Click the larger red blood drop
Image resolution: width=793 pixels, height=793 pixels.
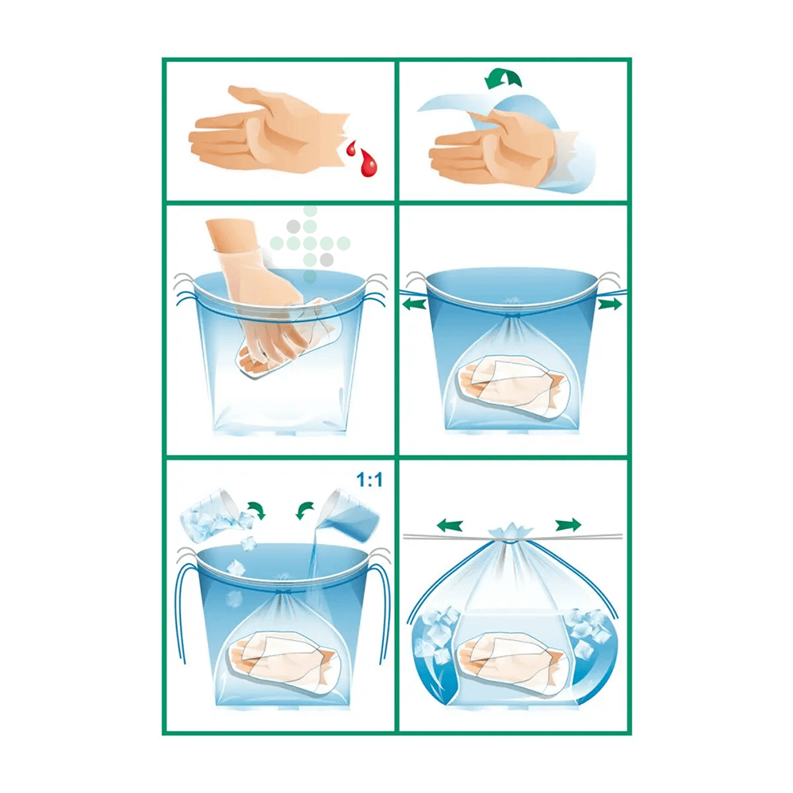click(368, 162)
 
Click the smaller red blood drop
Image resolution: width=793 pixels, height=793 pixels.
click(351, 148)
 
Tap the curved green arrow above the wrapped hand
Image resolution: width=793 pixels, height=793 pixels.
click(503, 79)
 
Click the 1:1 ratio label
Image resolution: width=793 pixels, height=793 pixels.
click(370, 480)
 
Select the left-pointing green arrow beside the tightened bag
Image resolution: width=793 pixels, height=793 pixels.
click(415, 304)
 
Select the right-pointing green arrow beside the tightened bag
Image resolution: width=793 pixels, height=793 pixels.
click(610, 304)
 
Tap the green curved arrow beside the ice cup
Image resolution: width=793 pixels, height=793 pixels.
click(256, 510)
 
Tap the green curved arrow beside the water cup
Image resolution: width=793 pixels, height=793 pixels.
click(305, 510)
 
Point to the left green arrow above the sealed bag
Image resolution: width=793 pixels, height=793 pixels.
click(450, 526)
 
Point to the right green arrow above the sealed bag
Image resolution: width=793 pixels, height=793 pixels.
click(568, 526)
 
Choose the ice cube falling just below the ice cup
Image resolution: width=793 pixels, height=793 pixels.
click(248, 544)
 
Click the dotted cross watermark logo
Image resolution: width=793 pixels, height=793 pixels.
click(310, 243)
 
